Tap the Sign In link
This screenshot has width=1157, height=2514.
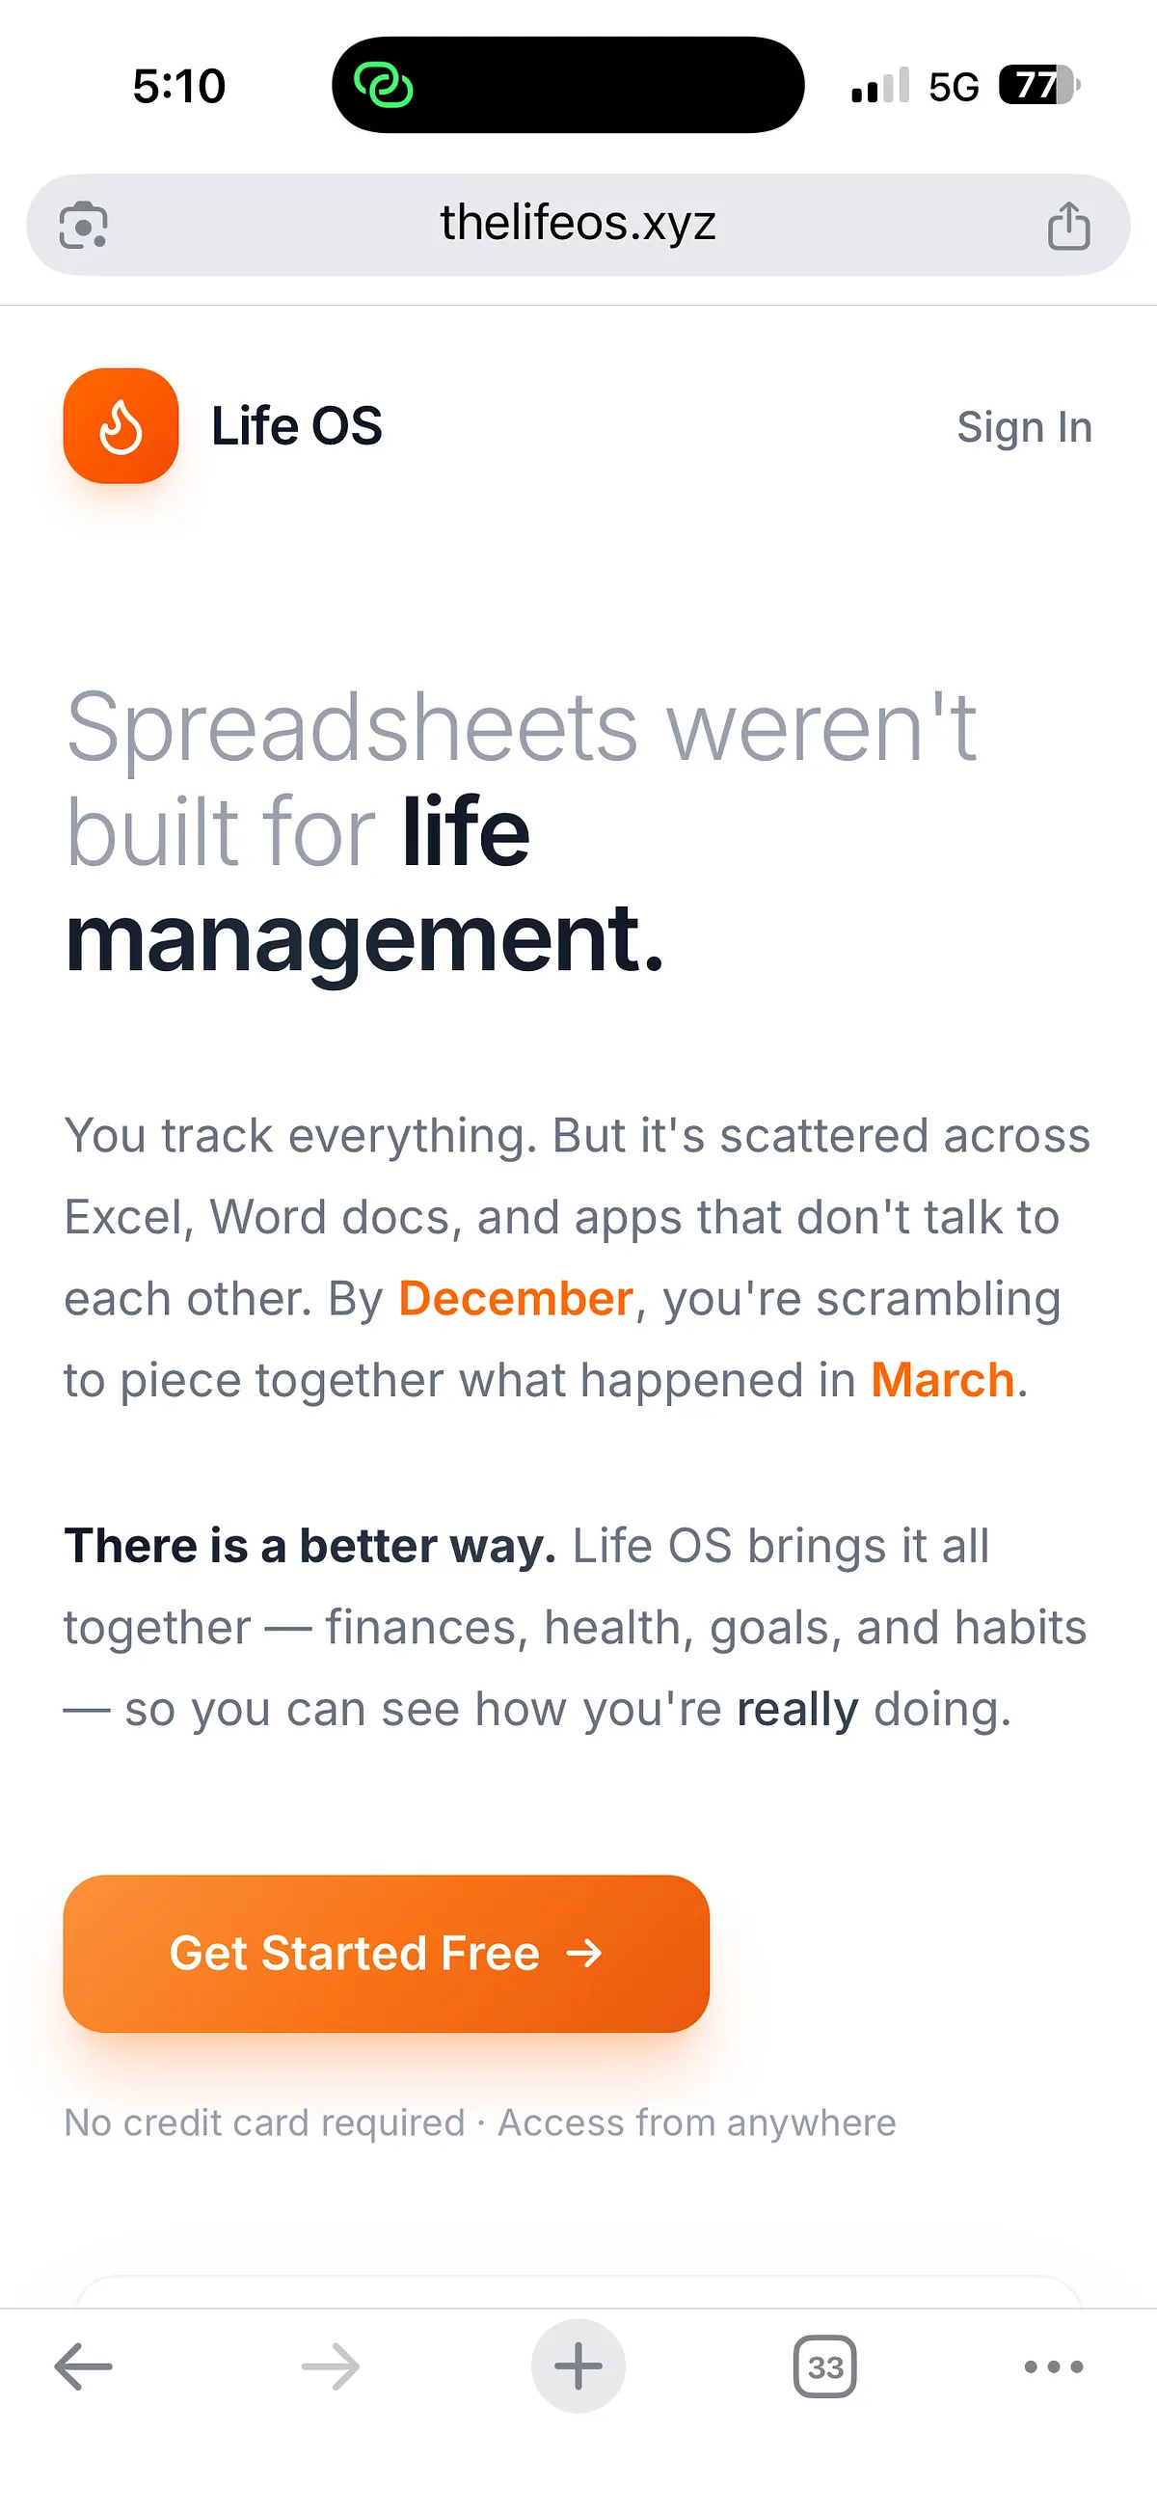[1024, 427]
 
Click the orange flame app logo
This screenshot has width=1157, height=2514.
[121, 425]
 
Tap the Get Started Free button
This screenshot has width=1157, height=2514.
[387, 1953]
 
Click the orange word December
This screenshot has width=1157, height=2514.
[516, 1298]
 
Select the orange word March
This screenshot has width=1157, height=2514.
[942, 1380]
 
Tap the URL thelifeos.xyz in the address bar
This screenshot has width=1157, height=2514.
[578, 224]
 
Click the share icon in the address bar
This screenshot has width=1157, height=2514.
[1069, 226]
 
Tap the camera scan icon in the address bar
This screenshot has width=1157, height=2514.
[84, 226]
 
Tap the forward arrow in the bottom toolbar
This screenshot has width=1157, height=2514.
[331, 2365]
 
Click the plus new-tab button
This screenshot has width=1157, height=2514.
[578, 2365]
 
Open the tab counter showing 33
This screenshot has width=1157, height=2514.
[825, 2365]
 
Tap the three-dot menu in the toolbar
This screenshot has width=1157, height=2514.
[1054, 2365]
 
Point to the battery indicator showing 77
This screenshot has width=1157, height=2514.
[1039, 86]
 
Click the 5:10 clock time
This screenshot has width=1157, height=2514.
[179, 87]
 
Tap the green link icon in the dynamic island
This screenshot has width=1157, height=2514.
[384, 85]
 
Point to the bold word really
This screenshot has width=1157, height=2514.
[798, 1709]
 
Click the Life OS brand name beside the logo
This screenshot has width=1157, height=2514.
[297, 426]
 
